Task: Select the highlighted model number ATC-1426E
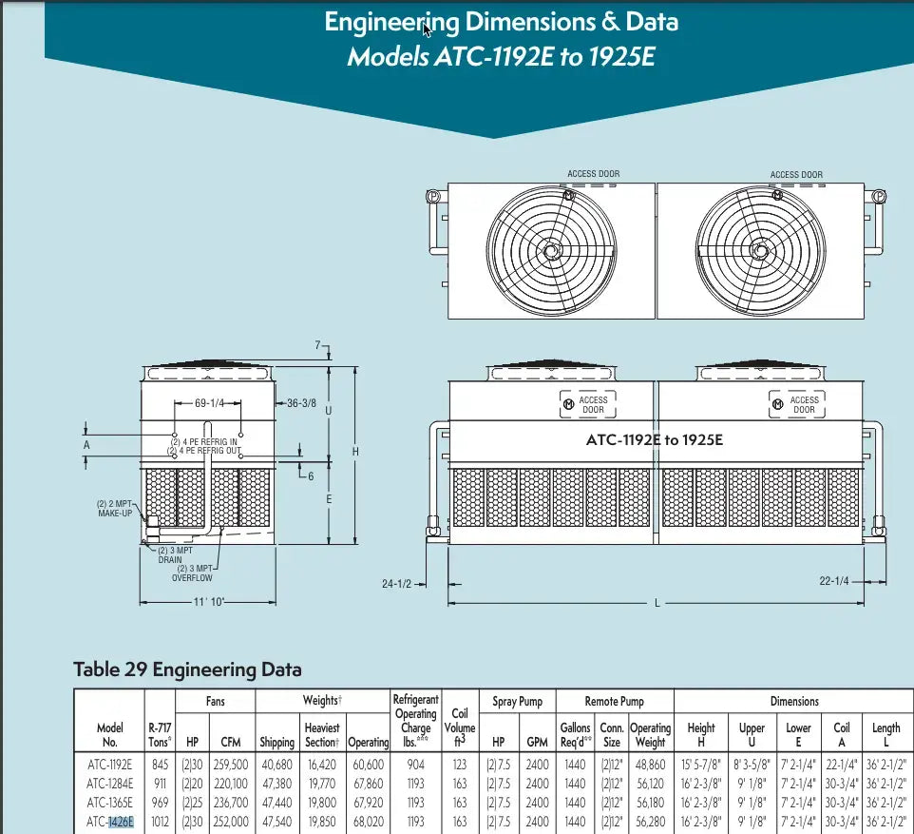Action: coord(109,822)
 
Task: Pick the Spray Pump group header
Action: coord(517,702)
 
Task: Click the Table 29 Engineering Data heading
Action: coord(187,669)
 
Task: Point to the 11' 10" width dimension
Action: coord(208,602)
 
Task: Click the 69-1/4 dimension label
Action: coord(208,403)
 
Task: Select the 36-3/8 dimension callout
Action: coord(302,403)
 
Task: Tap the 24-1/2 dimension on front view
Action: coord(396,583)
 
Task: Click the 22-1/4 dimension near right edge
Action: coord(834,581)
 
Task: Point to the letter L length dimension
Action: coord(657,604)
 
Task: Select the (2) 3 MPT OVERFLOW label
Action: coord(193,573)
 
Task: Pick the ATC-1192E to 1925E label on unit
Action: coord(654,439)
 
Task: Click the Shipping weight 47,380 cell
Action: coord(276,784)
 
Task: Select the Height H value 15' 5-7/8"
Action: coord(700,765)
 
